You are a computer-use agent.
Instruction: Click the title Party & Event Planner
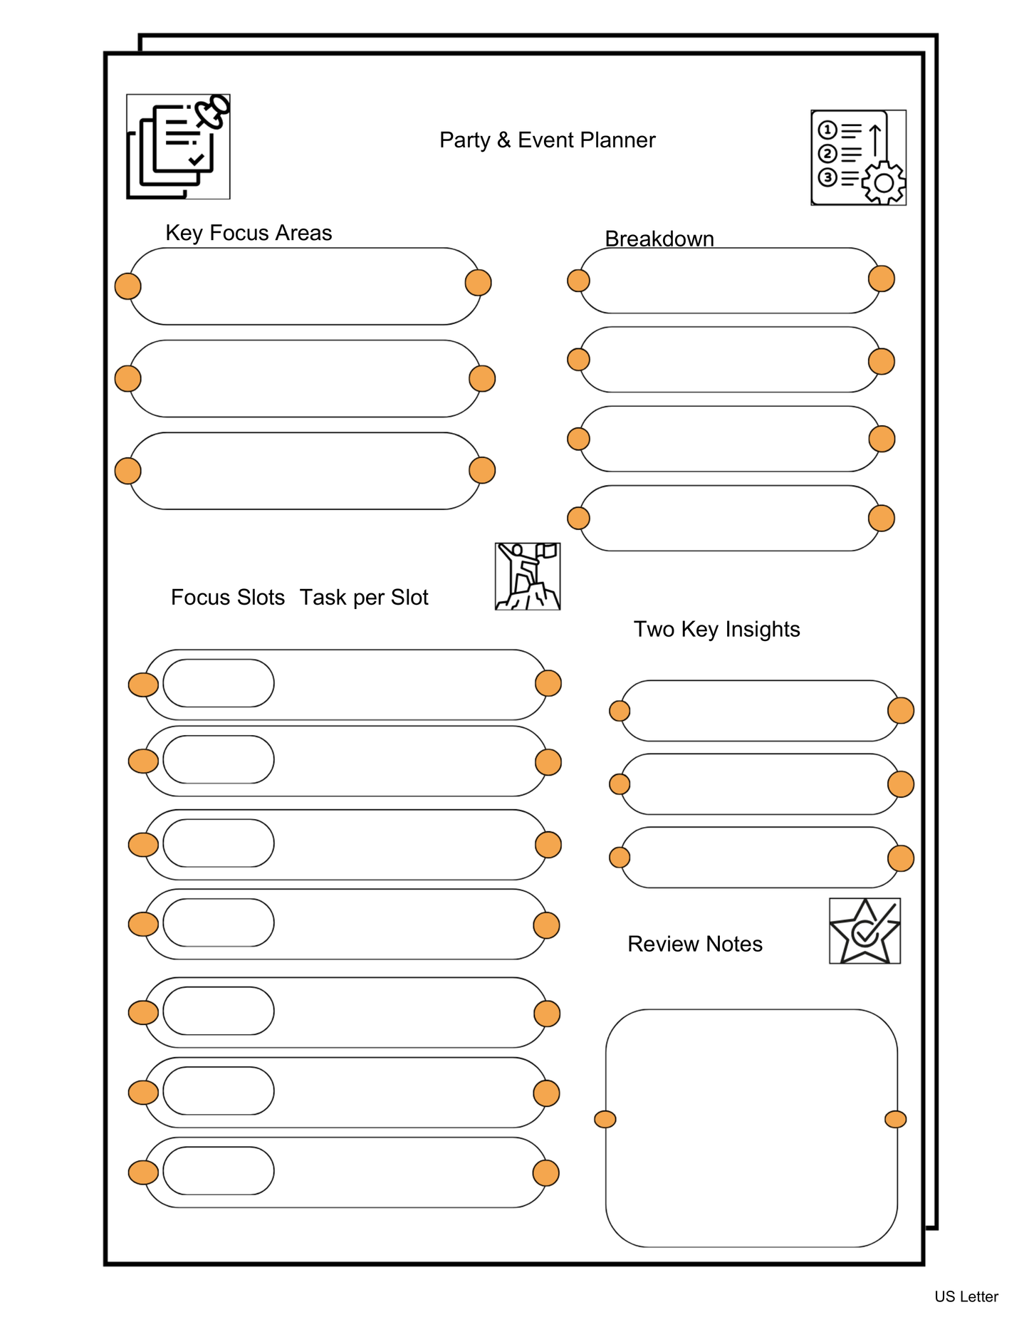547,140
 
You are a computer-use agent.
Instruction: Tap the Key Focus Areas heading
249,233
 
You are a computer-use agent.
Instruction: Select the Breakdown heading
659,239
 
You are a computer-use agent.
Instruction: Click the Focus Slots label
227,597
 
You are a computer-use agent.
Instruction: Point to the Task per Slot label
364,597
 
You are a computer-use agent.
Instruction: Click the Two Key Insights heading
716,629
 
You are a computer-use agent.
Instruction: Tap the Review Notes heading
694,944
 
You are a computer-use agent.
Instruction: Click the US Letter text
966,1296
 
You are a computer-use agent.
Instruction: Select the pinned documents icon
178,147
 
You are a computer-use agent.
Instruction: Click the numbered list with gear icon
858,157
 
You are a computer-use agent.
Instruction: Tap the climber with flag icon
528,576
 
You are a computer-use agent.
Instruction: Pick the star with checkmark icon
865,931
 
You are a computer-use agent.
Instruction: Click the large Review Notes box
751,1128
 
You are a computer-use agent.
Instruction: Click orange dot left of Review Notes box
605,1119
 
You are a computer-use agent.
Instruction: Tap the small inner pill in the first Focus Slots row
219,683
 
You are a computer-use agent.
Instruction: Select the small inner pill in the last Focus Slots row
219,1170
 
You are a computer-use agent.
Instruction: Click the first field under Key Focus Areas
305,286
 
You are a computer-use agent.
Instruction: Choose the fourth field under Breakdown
730,518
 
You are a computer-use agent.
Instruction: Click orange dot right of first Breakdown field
881,279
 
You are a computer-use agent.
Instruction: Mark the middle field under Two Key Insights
760,784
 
